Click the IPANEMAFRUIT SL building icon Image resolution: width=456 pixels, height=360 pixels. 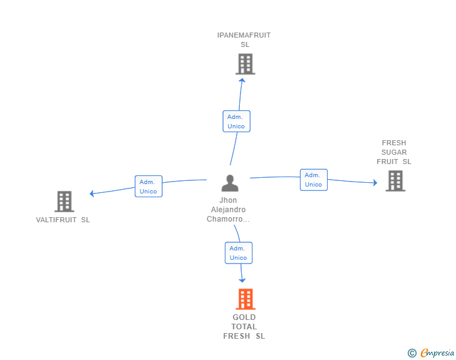[245, 64]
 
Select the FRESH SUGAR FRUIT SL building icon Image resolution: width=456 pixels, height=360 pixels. [395, 181]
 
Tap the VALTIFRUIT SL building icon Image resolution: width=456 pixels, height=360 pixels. [64, 202]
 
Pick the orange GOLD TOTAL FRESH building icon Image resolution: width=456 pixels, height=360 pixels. [245, 299]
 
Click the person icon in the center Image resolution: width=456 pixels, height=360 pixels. [230, 183]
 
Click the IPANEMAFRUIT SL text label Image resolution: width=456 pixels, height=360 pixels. [244, 39]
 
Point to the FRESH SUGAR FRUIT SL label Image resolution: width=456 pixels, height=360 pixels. [394, 152]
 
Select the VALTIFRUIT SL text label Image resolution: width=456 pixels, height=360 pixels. [63, 220]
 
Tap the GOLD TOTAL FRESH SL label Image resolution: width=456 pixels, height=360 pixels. [244, 326]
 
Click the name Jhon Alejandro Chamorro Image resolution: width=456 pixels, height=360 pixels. [229, 210]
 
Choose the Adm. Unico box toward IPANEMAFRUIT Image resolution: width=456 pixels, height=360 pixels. [236, 121]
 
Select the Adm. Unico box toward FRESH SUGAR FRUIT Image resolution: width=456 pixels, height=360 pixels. [313, 180]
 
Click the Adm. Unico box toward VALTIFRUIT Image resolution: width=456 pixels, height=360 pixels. [148, 187]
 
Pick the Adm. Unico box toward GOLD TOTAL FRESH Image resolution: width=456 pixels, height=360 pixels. [238, 253]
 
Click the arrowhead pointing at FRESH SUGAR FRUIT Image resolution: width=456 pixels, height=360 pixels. [375, 183]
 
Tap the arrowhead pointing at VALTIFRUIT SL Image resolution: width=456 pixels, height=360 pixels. [92, 193]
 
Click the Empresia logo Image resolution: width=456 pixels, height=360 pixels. [437, 352]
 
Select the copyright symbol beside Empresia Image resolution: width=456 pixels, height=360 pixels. [412, 353]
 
